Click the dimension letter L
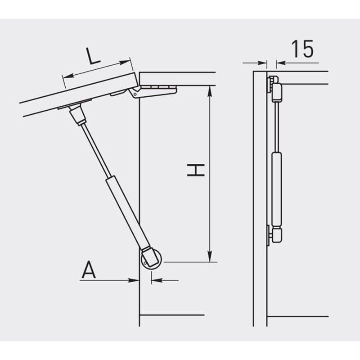93,56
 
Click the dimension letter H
196,170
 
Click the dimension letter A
89,270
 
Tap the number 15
302,49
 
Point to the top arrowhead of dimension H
209,92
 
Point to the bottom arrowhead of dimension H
209,256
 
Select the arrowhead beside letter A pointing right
133,280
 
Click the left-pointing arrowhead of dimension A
157,280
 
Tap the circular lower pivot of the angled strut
151,261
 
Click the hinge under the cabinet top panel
153,91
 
